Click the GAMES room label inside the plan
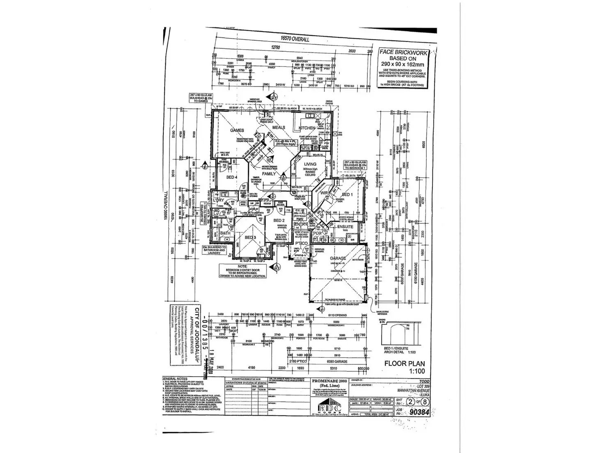(x=237, y=130)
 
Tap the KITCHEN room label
(x=307, y=128)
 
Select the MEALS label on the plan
(x=279, y=128)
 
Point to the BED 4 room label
(x=232, y=177)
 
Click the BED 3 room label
(x=250, y=238)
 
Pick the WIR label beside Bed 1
(x=324, y=193)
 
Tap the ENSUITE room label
(x=345, y=226)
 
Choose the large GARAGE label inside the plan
(x=338, y=259)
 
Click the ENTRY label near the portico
(x=301, y=224)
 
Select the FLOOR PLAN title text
(x=404, y=363)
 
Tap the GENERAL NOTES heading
(x=175, y=379)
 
